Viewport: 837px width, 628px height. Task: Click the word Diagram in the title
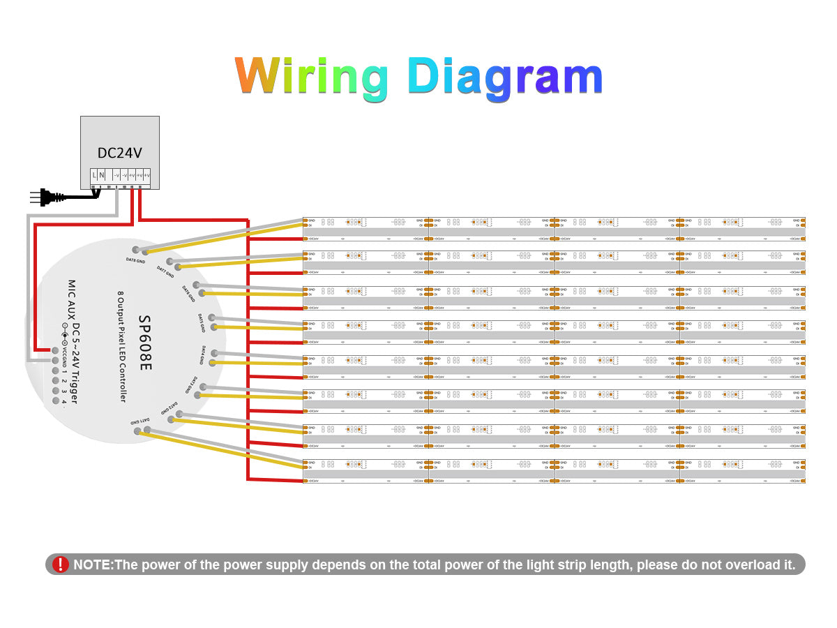505,77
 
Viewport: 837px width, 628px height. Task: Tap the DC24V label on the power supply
119,152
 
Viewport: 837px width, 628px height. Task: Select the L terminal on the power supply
95,175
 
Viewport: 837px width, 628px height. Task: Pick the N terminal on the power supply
102,175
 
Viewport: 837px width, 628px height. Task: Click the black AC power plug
45,197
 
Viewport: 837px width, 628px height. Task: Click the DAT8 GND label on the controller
135,260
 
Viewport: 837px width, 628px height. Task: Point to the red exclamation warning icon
61,565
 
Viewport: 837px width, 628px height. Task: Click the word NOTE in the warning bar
93,565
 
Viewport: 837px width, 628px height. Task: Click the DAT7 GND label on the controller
166,269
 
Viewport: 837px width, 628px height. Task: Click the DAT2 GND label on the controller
169,408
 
